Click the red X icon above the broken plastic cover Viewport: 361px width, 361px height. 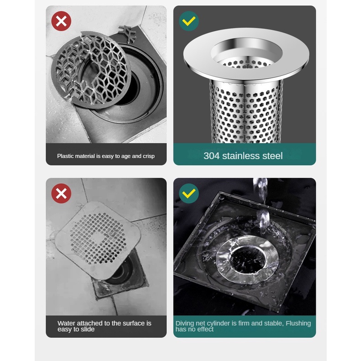click(x=61, y=21)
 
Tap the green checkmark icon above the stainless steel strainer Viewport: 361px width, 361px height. click(x=189, y=21)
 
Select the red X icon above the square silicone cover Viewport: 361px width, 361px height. click(x=61, y=193)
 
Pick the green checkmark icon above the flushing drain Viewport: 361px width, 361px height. click(x=189, y=193)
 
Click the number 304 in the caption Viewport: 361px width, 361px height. click(x=212, y=156)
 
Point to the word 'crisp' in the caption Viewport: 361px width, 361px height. click(x=149, y=156)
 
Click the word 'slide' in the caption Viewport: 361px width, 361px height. click(x=87, y=329)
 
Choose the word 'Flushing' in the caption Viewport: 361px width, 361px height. click(x=298, y=323)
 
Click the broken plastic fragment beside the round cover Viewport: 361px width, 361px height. click(x=127, y=34)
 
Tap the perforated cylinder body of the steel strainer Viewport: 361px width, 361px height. click(x=246, y=113)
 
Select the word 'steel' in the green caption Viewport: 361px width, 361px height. click(x=274, y=156)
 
